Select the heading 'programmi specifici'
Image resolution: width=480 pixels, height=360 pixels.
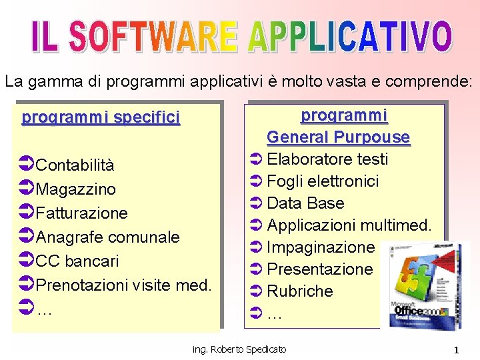click(x=101, y=118)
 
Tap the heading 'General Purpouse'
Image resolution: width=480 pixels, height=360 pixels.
click(x=338, y=137)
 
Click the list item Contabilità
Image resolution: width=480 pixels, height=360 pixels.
click(x=75, y=165)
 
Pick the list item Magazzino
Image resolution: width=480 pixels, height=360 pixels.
click(x=75, y=189)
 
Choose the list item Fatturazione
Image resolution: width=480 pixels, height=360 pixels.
click(x=81, y=213)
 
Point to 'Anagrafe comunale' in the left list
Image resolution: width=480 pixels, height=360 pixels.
click(x=107, y=237)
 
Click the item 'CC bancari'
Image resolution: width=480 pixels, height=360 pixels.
click(x=77, y=261)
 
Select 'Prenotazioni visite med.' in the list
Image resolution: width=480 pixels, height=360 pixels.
click(x=123, y=285)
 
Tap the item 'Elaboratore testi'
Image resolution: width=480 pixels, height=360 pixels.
click(x=327, y=159)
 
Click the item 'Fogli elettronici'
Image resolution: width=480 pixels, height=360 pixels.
click(x=323, y=181)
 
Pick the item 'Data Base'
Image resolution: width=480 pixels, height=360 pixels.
click(x=305, y=203)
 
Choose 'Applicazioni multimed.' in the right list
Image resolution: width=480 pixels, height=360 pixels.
click(x=349, y=225)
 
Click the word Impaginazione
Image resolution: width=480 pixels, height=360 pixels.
click(x=321, y=247)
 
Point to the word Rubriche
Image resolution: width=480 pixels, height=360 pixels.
click(x=299, y=291)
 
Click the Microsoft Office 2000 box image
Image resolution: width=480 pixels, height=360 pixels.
click(x=425, y=285)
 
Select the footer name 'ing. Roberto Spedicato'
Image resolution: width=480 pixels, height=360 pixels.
click(x=239, y=349)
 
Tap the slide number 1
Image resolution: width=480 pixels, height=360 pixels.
click(x=457, y=350)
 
